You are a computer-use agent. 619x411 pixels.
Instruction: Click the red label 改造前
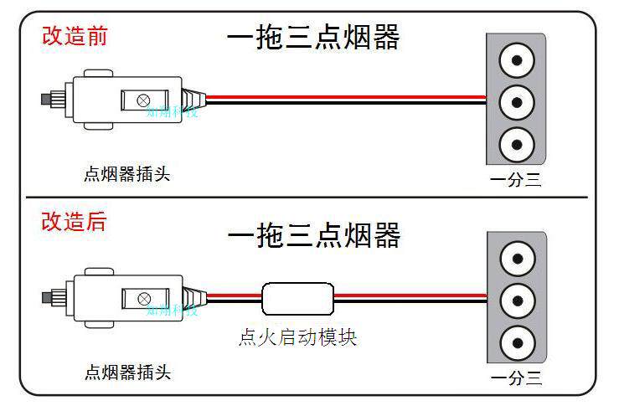[75, 36]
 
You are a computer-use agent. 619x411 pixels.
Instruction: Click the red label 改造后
[75, 222]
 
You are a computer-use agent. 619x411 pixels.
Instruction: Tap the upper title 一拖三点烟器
[313, 37]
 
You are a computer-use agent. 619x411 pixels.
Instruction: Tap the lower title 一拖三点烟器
[313, 235]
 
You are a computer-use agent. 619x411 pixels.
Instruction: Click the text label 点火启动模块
[297, 337]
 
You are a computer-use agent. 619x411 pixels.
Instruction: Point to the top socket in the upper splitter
[516, 61]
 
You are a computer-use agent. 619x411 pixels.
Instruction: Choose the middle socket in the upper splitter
[516, 103]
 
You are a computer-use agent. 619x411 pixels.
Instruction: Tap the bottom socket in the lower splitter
[516, 341]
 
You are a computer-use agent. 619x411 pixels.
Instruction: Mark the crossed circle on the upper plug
[143, 100]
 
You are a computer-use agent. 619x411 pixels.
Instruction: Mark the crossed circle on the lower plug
[143, 298]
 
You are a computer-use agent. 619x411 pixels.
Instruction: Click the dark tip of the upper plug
[46, 100]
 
